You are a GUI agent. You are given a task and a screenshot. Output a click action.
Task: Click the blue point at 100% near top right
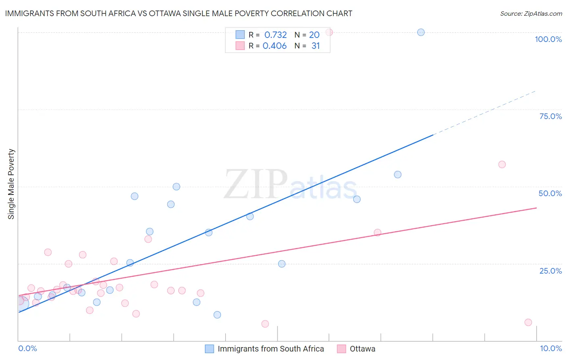point(421,32)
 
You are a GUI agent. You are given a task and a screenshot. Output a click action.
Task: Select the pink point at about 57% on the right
point(502,164)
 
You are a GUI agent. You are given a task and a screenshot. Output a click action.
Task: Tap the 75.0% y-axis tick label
point(550,116)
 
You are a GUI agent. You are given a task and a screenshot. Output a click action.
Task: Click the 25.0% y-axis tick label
point(550,271)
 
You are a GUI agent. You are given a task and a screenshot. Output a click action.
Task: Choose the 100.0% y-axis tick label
point(548,39)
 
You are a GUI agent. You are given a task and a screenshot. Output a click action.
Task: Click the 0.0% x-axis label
point(27,348)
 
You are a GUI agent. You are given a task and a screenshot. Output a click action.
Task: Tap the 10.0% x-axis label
point(550,348)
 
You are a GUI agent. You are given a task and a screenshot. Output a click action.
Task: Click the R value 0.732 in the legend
point(275,35)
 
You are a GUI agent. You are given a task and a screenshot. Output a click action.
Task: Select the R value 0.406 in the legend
point(275,46)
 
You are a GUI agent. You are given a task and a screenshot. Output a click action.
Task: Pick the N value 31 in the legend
point(315,46)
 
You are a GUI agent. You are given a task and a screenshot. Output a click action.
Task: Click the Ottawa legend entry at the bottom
point(362,349)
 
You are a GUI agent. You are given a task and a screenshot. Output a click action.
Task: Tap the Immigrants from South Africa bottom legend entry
point(271,349)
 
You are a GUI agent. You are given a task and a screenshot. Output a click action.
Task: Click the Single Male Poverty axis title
point(11,184)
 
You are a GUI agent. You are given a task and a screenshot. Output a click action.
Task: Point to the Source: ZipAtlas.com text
point(531,14)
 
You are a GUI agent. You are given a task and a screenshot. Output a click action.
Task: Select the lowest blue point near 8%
point(217,315)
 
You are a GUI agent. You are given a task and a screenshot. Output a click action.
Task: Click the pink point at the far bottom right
point(528,322)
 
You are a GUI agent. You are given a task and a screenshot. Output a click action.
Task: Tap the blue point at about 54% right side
point(397,175)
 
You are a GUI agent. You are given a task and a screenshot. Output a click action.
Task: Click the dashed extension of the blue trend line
point(484,113)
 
